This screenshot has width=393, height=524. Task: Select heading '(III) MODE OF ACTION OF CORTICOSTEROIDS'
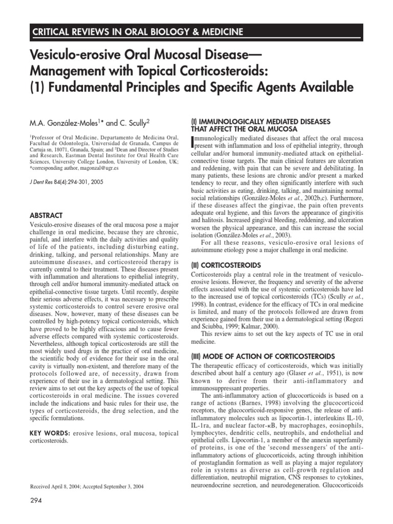coord(262,356)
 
